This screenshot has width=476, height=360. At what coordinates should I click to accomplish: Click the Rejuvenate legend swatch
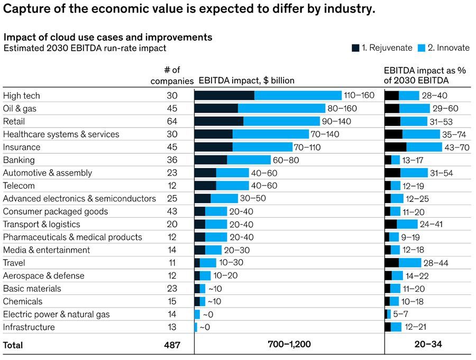355,48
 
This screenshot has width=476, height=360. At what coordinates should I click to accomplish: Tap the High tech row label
22,96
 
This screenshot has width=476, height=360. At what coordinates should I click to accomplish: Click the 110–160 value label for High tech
359,96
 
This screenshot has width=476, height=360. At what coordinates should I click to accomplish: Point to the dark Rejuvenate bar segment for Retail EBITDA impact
219,121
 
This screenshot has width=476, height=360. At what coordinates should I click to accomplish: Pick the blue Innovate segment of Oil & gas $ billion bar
281,108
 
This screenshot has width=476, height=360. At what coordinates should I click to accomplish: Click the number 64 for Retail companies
172,121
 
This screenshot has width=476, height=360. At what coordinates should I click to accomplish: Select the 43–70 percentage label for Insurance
457,147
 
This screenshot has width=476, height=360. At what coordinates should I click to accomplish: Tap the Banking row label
19,160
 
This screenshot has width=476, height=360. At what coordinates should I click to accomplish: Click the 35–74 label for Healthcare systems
455,134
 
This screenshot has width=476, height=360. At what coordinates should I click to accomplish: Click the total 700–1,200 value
289,345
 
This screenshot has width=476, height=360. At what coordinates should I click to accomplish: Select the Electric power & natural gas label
57,314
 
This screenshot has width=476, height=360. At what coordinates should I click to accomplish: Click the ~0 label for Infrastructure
206,327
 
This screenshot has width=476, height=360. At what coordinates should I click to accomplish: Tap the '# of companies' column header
172,76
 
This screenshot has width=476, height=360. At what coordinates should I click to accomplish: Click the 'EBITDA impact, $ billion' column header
246,81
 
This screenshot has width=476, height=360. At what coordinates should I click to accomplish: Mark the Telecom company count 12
172,186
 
